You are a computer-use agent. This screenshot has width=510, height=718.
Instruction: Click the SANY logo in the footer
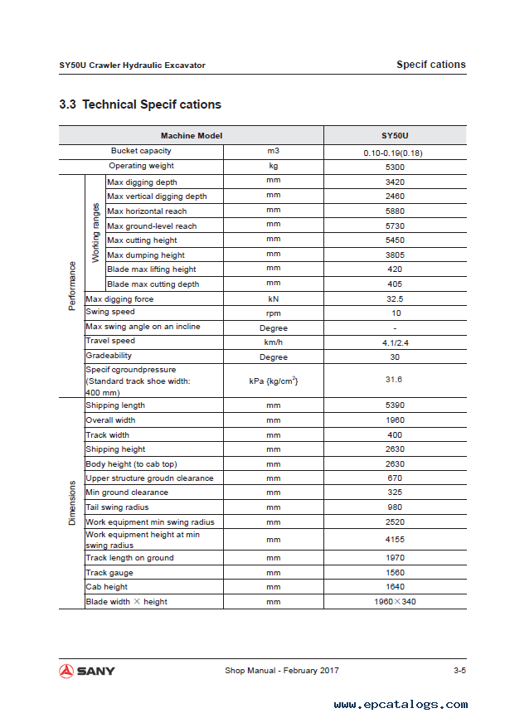(87, 671)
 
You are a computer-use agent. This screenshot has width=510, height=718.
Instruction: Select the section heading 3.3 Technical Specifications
(140, 104)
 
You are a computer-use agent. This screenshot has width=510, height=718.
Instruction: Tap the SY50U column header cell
(395, 135)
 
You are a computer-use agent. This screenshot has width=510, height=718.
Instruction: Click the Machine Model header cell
(192, 135)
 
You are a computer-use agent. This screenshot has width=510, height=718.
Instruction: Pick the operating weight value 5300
(395, 167)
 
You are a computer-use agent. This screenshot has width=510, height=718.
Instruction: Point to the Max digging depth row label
(142, 182)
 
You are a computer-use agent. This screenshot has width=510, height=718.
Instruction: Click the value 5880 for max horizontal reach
(395, 211)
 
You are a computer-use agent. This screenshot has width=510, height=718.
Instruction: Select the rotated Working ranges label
(95, 233)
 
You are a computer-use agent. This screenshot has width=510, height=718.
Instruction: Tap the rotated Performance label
(72, 285)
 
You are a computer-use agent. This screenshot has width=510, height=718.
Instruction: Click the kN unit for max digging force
(273, 298)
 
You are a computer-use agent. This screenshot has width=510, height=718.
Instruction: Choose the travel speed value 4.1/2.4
(395, 342)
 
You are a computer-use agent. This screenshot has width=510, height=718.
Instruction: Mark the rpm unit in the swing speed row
(273, 313)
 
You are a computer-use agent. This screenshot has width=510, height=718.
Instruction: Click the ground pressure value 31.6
(395, 380)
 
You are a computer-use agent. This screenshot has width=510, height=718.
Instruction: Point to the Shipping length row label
(115, 405)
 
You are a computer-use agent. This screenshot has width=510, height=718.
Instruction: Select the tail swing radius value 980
(395, 507)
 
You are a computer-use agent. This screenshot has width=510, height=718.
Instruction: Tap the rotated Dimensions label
(72, 502)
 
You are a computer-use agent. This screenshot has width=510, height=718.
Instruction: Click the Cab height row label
(107, 587)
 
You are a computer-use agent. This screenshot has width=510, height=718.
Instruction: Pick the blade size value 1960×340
(395, 601)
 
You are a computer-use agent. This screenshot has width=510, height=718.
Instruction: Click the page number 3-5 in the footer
(459, 671)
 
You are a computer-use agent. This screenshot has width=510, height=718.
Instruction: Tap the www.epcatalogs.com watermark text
(401, 705)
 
